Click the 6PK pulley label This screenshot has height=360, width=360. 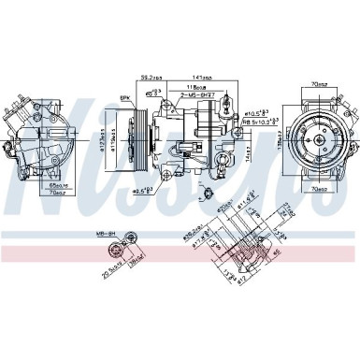click(123, 96)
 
